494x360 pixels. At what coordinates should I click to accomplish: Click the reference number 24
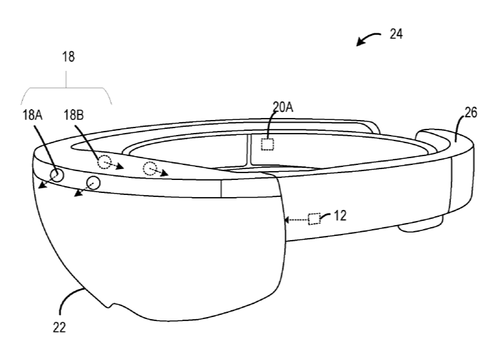[x=396, y=34]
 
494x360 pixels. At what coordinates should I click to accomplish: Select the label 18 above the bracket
[x=68, y=57]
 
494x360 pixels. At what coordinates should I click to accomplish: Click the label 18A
[x=32, y=115]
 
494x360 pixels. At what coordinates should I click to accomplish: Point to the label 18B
[x=74, y=115]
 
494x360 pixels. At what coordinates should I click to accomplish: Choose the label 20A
[x=283, y=107]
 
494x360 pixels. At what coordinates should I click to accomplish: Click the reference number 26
[x=471, y=112]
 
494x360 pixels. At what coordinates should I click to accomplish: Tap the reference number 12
[x=340, y=215]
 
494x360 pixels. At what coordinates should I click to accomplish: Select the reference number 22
[x=59, y=328]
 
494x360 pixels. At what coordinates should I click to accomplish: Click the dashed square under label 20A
[x=267, y=145]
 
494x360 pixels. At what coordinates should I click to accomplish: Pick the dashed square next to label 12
[x=314, y=219]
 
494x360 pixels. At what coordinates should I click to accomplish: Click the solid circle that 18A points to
[x=57, y=175]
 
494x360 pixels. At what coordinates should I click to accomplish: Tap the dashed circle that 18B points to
[x=104, y=162]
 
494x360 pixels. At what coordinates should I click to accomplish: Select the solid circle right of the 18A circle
[x=93, y=183]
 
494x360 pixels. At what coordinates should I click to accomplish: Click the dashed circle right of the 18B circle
[x=150, y=168]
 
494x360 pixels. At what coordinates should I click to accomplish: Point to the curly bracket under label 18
[x=66, y=87]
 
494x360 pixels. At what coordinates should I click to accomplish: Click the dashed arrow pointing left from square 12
[x=296, y=220]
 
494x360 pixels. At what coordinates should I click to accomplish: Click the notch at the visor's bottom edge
[x=111, y=305]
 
